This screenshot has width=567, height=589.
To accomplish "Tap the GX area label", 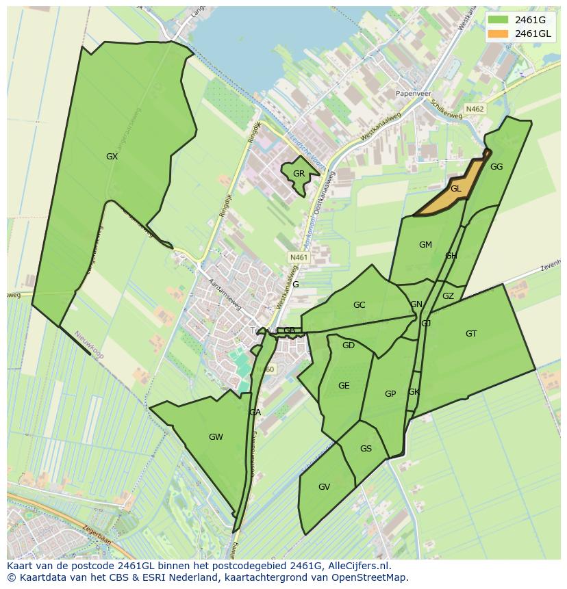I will click(x=112, y=157).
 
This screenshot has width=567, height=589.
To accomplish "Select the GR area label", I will click(x=299, y=174).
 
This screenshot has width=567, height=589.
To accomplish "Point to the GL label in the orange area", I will click(x=456, y=189).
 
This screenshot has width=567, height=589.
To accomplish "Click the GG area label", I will click(x=496, y=167).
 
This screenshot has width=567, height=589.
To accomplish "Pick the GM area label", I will click(x=425, y=245).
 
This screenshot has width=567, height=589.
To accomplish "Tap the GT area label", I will click(x=471, y=334).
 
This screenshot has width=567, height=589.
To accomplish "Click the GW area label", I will click(x=216, y=437).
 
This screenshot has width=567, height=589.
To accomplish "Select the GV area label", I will click(x=325, y=487).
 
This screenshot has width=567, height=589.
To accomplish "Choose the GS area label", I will click(x=366, y=449).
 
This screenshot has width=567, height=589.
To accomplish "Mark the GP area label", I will click(x=390, y=393).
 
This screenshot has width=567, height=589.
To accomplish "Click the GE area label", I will click(x=344, y=386).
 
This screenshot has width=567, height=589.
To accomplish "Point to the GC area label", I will click(x=359, y=305).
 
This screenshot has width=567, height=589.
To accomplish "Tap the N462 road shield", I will click(x=475, y=109).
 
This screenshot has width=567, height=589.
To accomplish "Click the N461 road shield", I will click(x=299, y=257).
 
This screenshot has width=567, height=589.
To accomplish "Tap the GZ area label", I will click(x=448, y=296).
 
